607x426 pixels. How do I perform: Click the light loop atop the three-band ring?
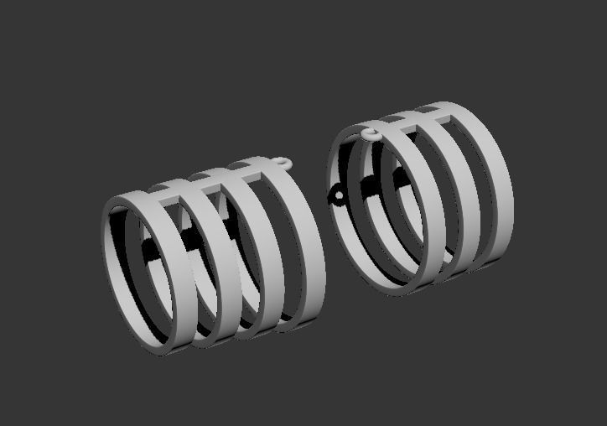370,134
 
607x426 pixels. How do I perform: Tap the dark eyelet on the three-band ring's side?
338,196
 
